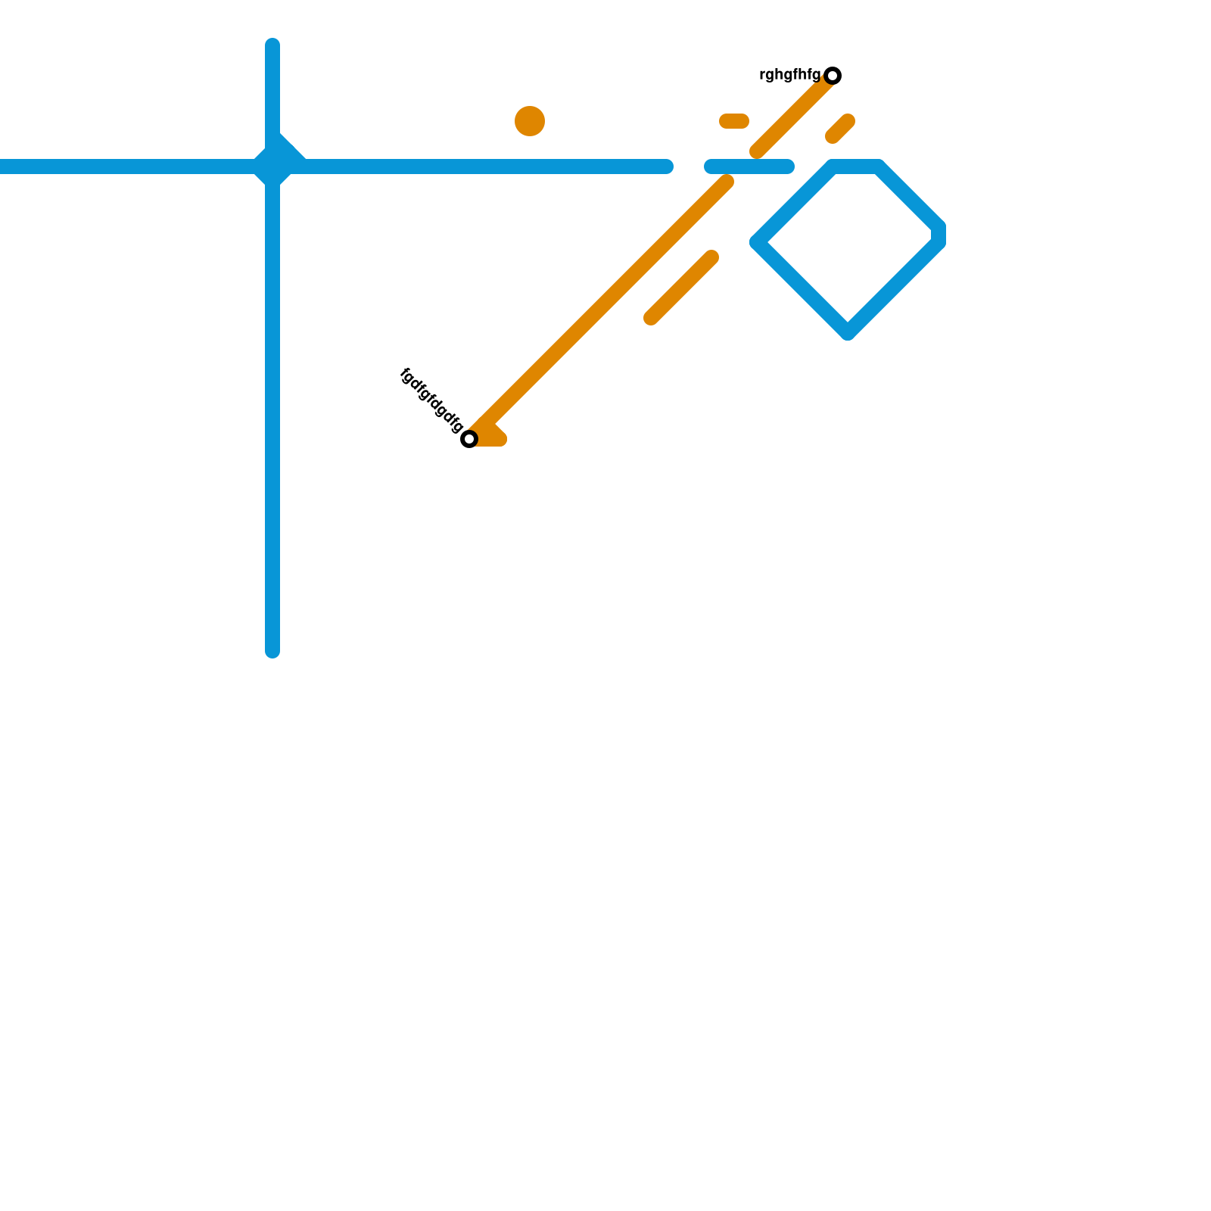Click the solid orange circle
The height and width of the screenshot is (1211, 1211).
(530, 121)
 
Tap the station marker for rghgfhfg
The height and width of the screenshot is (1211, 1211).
(833, 76)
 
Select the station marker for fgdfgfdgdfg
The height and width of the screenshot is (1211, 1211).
(469, 439)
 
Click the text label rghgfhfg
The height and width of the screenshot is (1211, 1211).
(789, 75)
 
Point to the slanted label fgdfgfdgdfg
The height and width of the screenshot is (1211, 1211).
(431, 400)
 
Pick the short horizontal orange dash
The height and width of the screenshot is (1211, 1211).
(734, 121)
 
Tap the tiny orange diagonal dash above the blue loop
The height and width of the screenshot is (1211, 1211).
(840, 129)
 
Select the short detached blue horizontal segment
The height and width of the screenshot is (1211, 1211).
(749, 167)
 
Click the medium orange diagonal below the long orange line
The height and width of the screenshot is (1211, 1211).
(681, 288)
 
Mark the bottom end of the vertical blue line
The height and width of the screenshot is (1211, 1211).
(272, 651)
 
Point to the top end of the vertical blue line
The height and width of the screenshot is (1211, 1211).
(272, 44)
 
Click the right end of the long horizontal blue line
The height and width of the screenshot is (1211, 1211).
(667, 167)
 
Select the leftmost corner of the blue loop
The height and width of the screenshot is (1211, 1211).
(758, 242)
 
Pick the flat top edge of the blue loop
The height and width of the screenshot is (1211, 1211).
(855, 167)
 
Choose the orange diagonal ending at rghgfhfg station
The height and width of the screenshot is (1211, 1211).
(795, 114)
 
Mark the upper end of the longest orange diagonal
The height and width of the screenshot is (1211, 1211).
(727, 182)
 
